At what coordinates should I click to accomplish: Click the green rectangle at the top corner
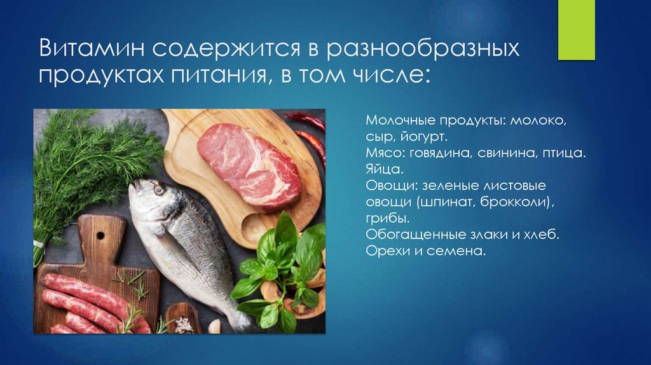click(577, 30)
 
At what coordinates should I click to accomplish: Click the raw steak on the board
click(248, 165)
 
